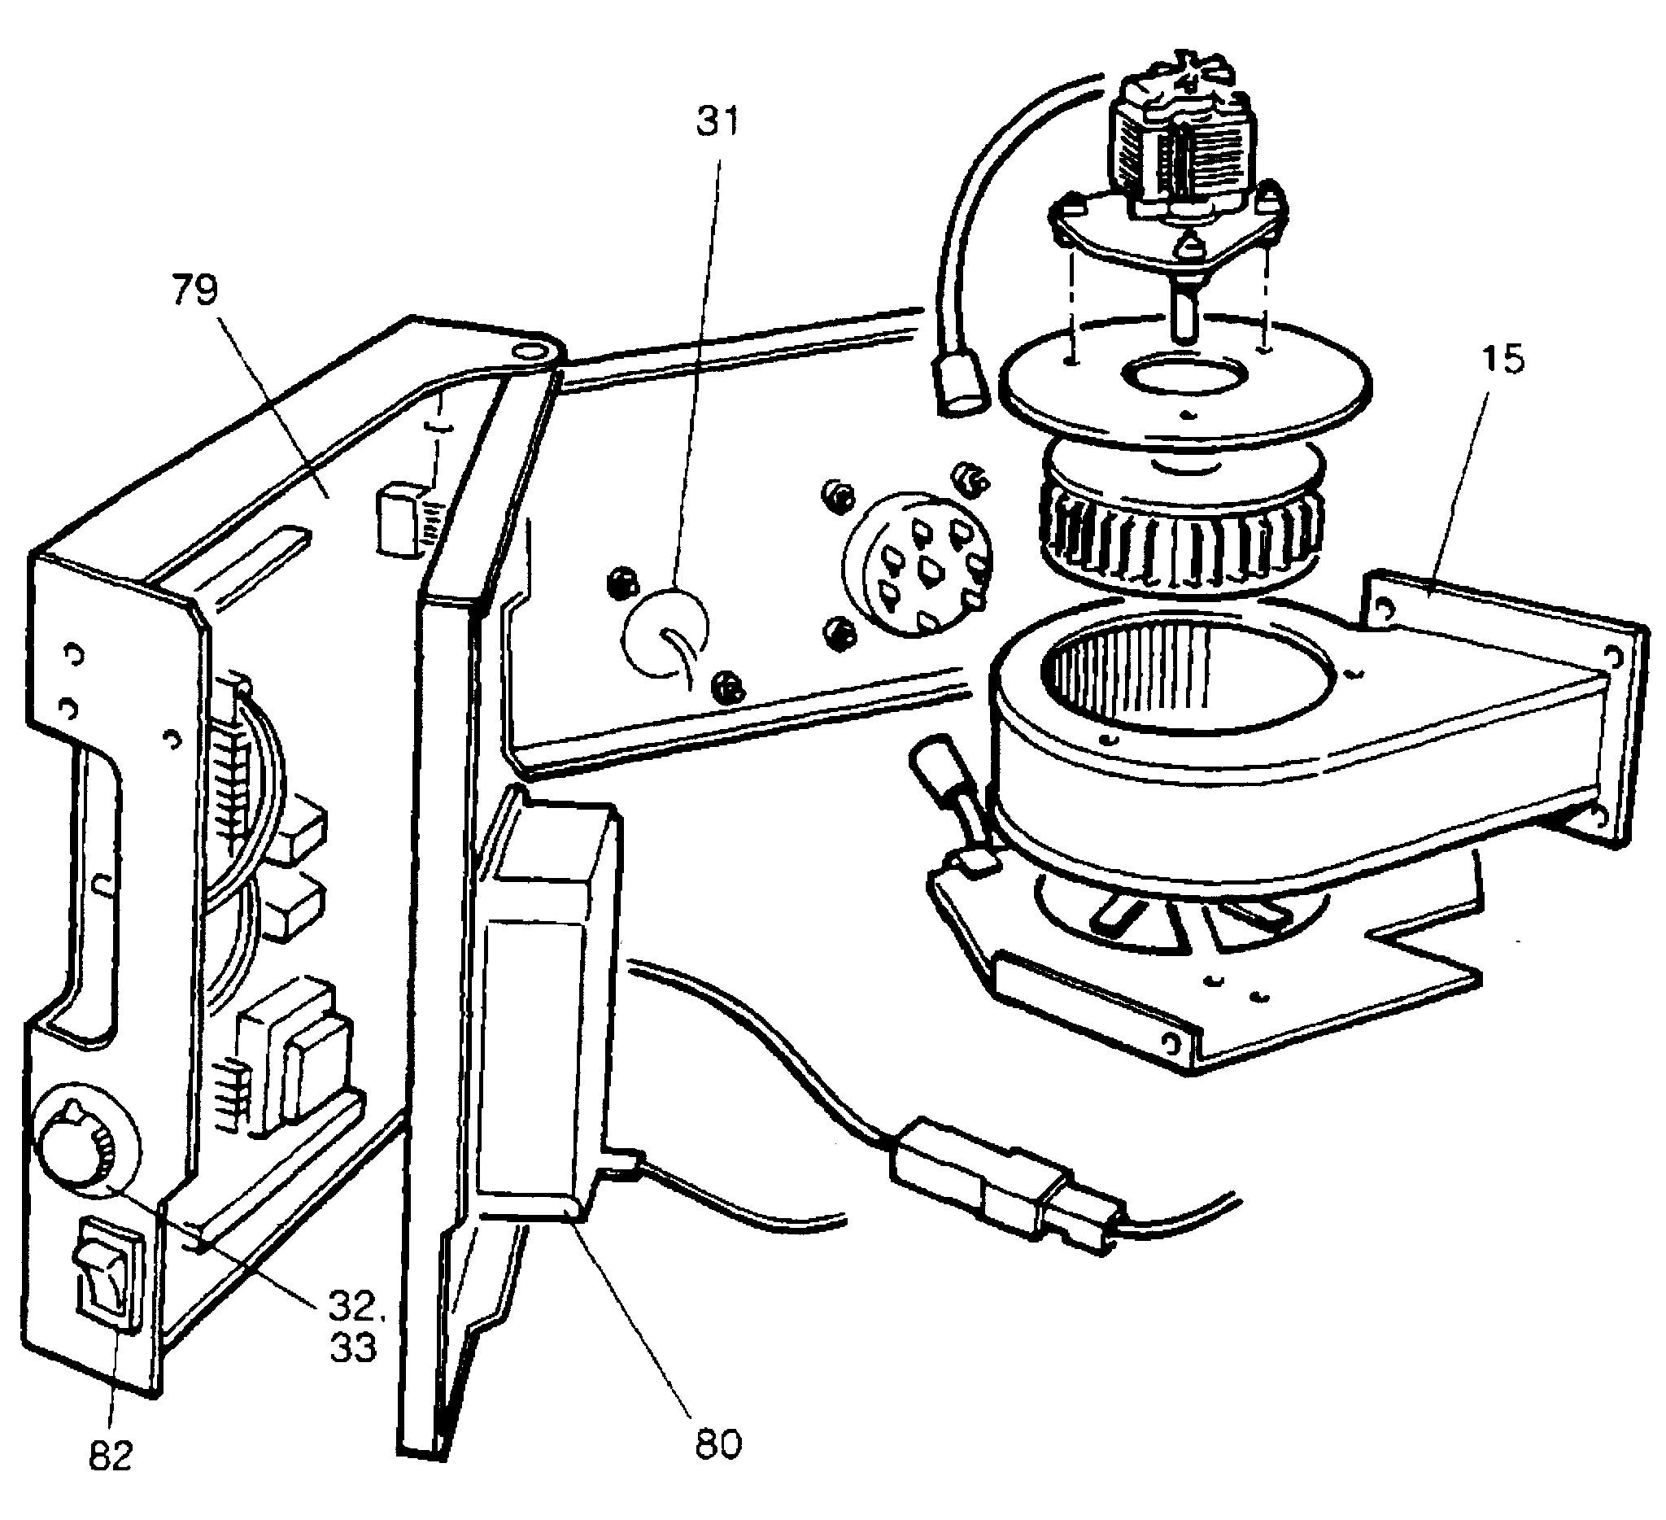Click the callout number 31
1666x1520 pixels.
tap(717, 121)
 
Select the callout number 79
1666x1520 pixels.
tap(195, 290)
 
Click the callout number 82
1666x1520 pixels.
tap(110, 1479)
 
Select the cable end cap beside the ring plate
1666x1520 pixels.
tap(960, 387)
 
